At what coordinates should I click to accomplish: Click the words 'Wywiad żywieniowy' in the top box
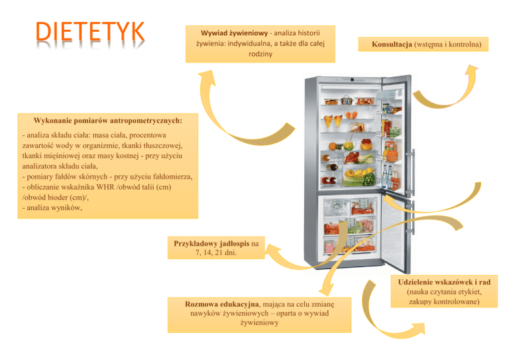click(x=234, y=33)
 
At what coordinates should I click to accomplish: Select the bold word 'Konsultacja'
click(x=392, y=44)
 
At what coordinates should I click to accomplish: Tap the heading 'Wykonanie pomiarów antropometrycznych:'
click(x=108, y=121)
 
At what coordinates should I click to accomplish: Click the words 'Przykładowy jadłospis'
click(x=211, y=243)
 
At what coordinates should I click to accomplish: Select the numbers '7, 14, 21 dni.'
click(x=216, y=253)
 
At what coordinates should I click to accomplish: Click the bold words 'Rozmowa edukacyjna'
click(x=223, y=304)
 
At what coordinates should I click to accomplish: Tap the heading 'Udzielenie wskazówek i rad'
click(x=444, y=282)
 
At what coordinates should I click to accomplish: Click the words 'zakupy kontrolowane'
click(x=443, y=302)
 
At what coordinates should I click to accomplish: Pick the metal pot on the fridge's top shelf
click(x=347, y=100)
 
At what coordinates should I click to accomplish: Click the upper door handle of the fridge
click(x=413, y=172)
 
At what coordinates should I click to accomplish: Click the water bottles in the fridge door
click(x=387, y=176)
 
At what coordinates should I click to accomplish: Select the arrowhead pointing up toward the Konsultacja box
click(x=471, y=70)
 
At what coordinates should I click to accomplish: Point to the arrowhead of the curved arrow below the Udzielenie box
click(x=418, y=328)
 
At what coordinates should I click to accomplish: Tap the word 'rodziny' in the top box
click(x=260, y=54)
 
